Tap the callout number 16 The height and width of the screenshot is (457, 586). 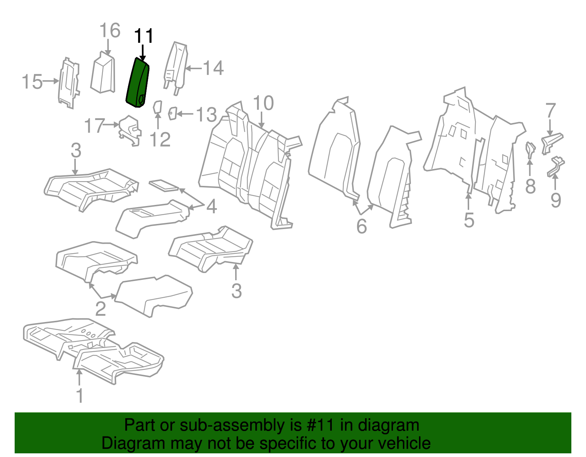point(110,31)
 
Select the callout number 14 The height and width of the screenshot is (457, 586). point(213,68)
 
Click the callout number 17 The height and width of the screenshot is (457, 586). point(94,126)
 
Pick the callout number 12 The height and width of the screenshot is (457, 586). point(160,140)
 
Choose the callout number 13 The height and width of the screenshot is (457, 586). point(207,115)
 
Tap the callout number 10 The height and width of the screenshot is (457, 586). point(263,103)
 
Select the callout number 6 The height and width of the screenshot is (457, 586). point(361,226)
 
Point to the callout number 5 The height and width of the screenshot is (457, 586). point(469,220)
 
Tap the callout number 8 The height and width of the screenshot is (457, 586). point(530,186)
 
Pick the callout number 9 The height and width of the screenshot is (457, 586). point(556,200)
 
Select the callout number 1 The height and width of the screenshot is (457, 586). point(79,396)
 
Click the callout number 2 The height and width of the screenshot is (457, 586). point(100,309)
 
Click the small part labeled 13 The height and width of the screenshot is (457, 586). point(173,113)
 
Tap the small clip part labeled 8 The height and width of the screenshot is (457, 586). point(530,149)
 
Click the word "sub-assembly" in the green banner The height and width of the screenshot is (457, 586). point(231,426)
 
